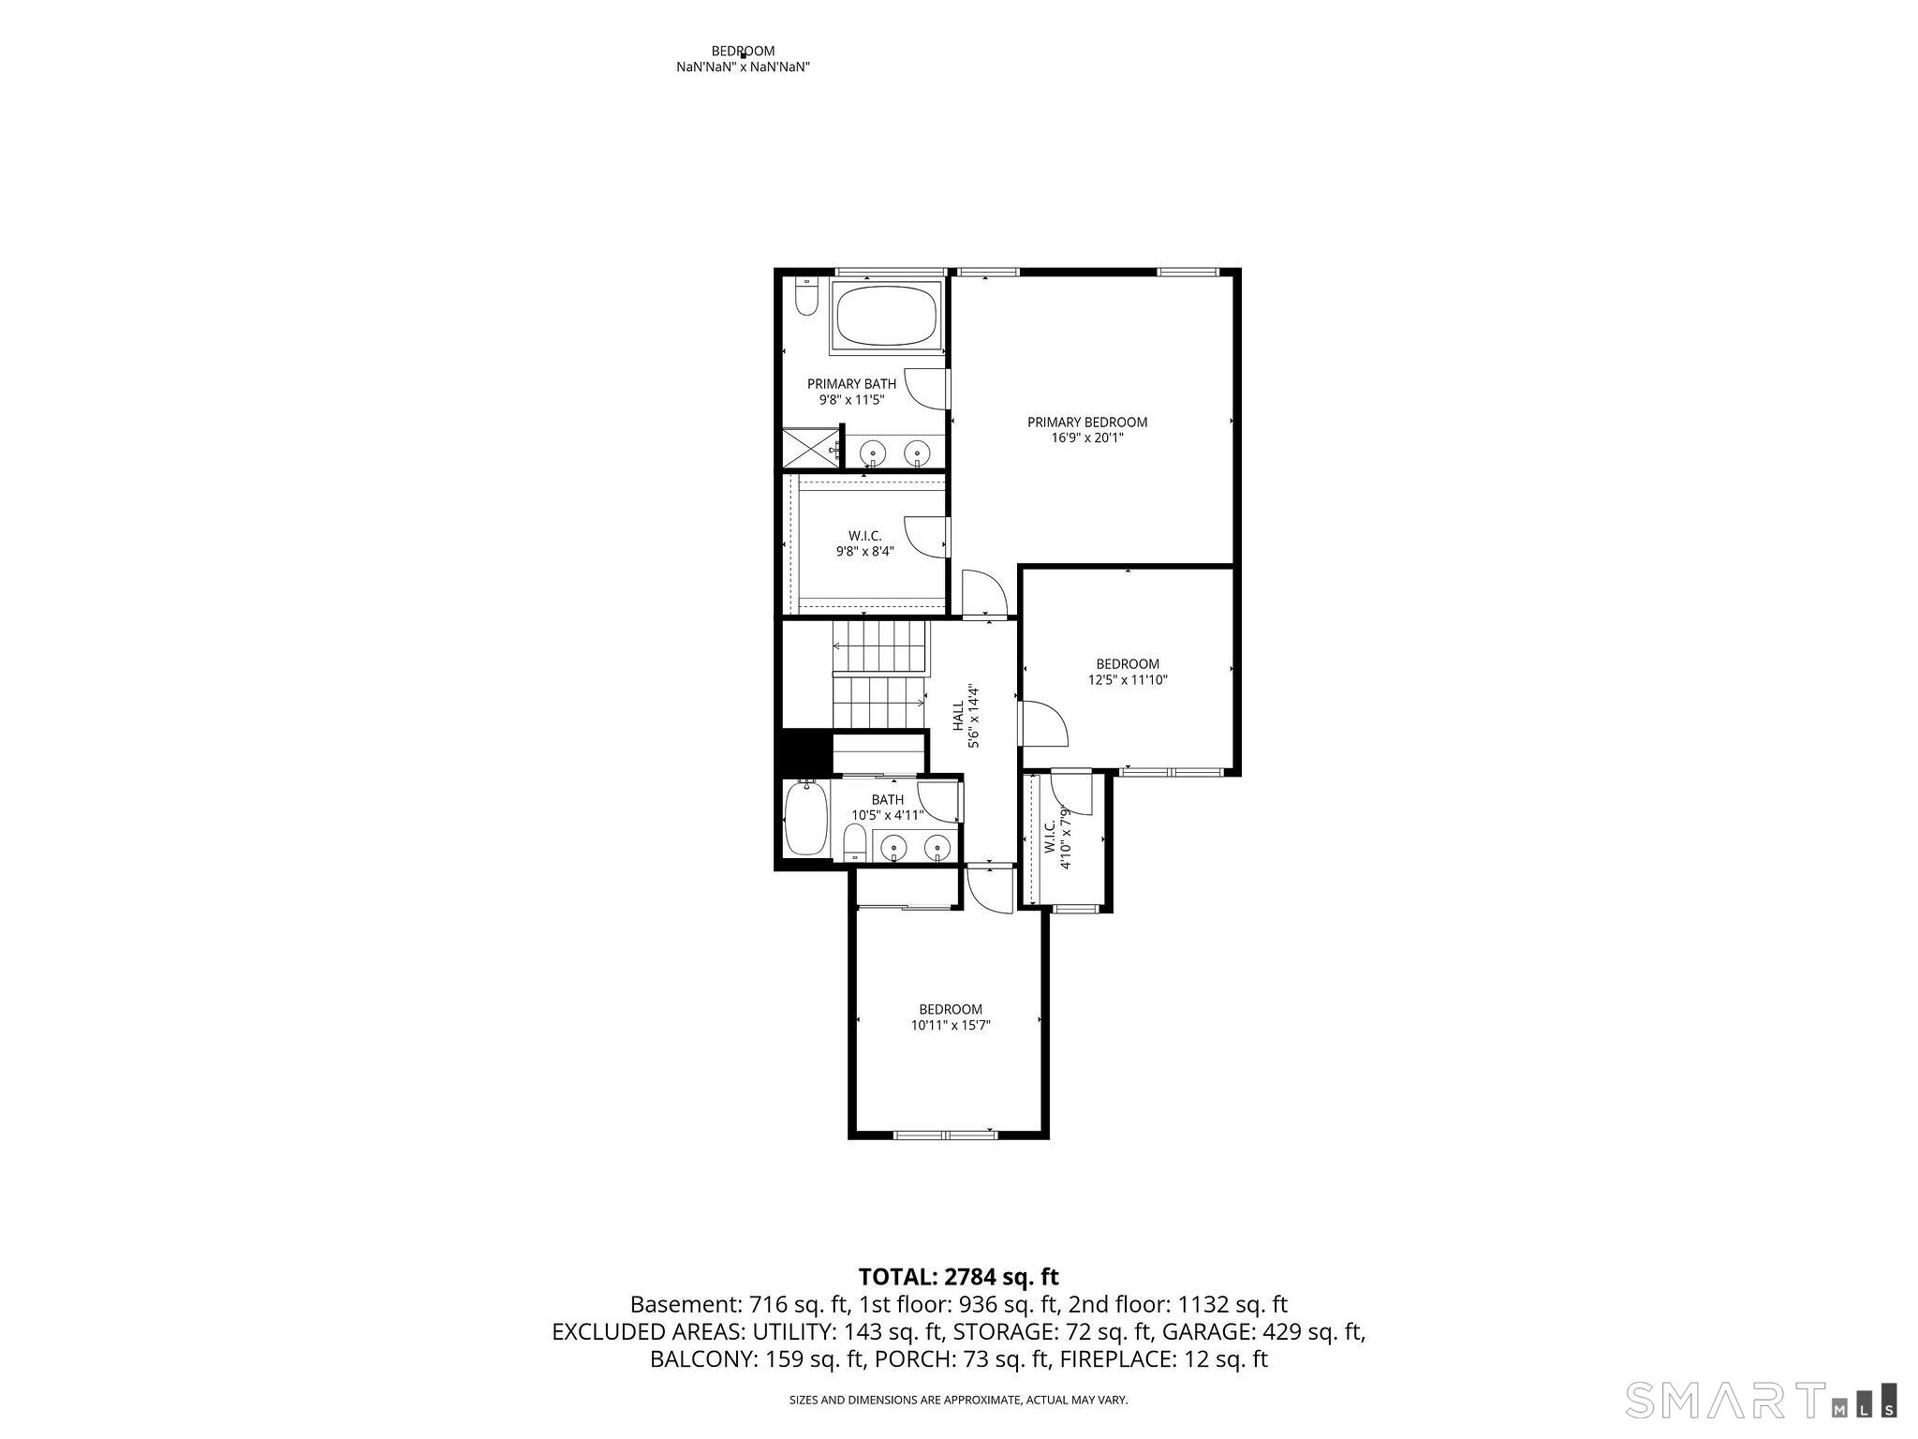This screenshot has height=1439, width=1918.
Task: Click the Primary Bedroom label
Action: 1086,422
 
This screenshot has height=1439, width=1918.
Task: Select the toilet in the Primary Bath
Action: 805,297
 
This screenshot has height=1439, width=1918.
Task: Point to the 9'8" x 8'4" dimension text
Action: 865,552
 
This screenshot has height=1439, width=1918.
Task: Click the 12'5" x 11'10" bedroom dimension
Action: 1128,680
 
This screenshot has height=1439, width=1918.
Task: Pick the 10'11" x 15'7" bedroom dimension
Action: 951,1025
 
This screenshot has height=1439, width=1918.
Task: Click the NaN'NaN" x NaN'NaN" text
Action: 743,67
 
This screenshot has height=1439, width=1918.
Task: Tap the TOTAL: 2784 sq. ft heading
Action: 959,1276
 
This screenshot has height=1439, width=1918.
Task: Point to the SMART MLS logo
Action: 1762,1400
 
